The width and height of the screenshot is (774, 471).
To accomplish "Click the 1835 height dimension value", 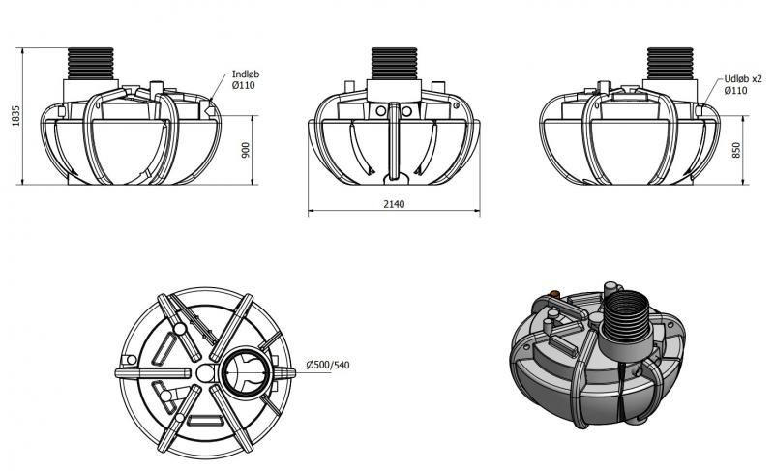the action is click(x=16, y=116).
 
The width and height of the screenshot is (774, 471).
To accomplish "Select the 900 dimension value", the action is click(x=246, y=150).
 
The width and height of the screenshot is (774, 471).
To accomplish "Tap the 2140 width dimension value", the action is click(x=394, y=204).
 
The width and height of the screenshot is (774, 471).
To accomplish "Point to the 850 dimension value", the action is click(x=736, y=150).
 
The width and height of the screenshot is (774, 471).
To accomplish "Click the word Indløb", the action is click(x=246, y=74).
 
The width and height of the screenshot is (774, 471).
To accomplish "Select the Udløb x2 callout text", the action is click(x=743, y=79).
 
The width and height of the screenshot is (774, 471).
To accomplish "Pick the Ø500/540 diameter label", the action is click(x=328, y=365).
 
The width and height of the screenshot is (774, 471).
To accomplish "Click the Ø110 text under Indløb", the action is click(x=244, y=85).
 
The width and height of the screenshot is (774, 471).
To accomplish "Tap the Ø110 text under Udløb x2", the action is click(x=735, y=90).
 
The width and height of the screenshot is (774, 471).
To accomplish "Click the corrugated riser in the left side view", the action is click(x=90, y=64).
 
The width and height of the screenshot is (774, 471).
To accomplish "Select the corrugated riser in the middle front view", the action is click(x=394, y=64).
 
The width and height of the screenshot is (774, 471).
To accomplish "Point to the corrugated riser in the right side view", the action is click(x=670, y=64).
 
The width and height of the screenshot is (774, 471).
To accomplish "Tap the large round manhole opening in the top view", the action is click(x=246, y=372).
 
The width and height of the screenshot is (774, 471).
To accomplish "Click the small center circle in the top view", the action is click(x=205, y=373).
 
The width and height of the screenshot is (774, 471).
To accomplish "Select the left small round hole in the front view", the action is click(x=380, y=111).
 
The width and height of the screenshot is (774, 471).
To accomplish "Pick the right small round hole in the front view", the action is click(x=406, y=111).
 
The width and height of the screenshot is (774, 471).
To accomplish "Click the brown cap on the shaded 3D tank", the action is click(x=554, y=294).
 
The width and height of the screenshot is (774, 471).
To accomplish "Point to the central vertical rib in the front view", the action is click(x=394, y=142).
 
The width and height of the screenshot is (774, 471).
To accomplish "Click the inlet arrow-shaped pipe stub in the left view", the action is click(x=211, y=111).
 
